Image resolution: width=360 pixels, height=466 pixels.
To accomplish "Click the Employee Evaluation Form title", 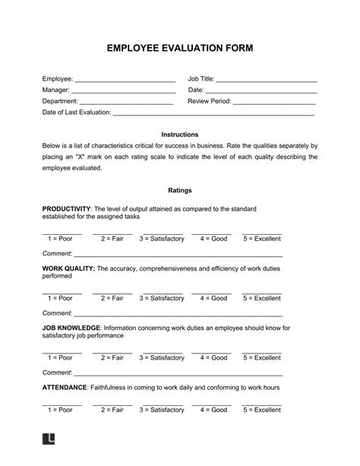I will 180,48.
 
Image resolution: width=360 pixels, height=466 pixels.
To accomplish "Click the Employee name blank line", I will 125,80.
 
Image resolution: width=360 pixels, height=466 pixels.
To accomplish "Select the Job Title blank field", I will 267,80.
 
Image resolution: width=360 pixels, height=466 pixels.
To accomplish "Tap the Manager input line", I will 122,91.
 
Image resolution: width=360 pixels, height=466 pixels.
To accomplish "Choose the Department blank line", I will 127,102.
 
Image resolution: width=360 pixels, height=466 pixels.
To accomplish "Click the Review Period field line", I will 274,102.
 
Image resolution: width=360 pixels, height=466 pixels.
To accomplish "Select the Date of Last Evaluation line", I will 213,113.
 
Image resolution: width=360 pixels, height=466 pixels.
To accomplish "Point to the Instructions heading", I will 180,134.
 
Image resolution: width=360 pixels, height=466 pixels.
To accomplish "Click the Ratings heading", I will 180,190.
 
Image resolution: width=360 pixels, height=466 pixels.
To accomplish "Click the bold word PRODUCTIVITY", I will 66,208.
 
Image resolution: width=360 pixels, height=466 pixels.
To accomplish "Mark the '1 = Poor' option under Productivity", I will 62,238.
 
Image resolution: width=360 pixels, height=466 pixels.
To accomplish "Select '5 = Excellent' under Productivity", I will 261,238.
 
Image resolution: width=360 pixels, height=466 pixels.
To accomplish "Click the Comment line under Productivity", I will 178,253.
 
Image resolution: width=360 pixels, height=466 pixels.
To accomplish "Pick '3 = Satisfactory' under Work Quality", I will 161,298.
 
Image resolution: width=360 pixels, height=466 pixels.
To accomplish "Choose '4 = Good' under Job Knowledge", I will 212,357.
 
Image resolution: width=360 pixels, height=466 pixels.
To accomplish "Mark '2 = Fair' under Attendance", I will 112,410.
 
